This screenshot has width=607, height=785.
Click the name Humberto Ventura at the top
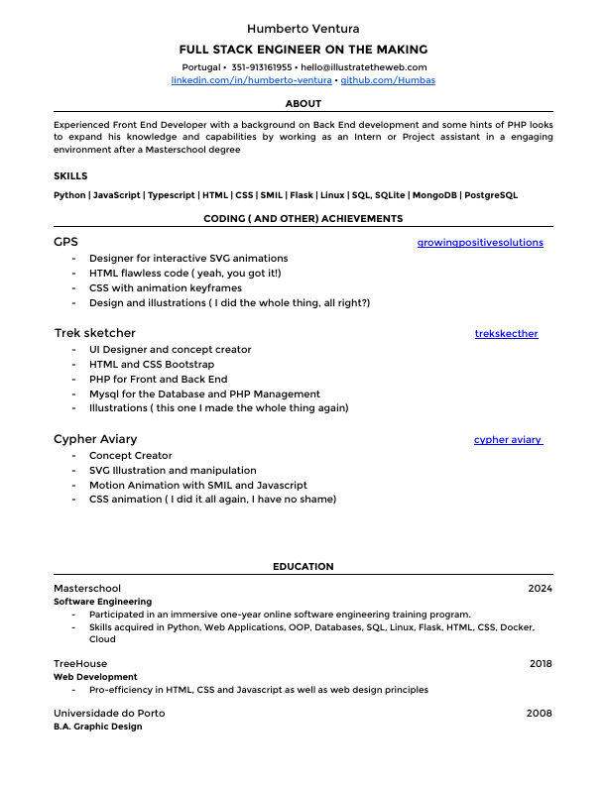[303, 29]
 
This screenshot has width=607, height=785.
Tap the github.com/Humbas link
[388, 79]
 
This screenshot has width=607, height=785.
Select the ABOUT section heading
[303, 103]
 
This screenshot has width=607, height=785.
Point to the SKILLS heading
[70, 175]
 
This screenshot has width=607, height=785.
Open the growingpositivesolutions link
[480, 242]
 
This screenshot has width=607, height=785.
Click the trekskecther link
[507, 334]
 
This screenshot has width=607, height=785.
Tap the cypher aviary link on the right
[508, 439]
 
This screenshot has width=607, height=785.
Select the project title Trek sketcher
[94, 333]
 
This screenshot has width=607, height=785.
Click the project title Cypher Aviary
[95, 439]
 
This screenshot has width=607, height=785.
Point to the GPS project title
[65, 242]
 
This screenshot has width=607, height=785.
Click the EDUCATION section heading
[303, 567]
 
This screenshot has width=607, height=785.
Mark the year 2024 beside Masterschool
[540, 588]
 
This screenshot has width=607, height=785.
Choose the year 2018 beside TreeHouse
[541, 663]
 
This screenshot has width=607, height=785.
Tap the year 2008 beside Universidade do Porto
[540, 713]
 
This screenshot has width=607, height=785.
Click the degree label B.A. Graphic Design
[97, 727]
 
